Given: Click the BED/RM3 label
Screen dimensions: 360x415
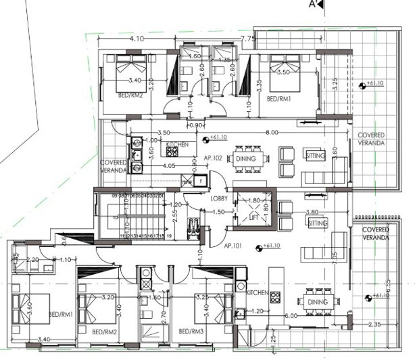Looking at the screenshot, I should (x=193, y=332).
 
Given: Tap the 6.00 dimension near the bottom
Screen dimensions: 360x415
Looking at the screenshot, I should (x=290, y=316).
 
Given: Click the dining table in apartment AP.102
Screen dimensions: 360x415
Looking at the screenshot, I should (x=245, y=159).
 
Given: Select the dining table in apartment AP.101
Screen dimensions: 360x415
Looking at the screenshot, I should (x=318, y=302).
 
